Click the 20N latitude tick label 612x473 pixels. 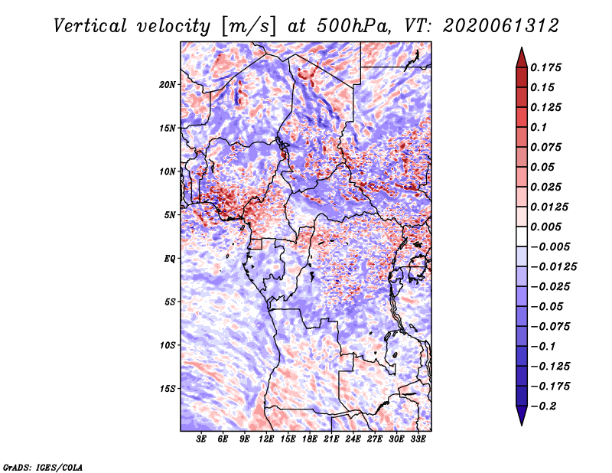click(x=168, y=84)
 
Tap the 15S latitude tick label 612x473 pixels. click(x=168, y=389)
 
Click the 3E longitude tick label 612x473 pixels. click(x=201, y=439)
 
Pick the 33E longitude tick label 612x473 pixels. click(x=418, y=439)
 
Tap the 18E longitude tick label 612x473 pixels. click(x=309, y=439)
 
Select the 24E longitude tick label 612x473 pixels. click(x=353, y=439)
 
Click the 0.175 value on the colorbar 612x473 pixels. click(x=548, y=67)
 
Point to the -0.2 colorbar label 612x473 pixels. click(x=545, y=406)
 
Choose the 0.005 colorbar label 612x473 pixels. click(x=548, y=227)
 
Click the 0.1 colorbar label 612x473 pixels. click(x=541, y=127)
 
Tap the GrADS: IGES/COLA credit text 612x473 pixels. click(x=43, y=467)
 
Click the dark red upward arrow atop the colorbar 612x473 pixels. click(x=520, y=57)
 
